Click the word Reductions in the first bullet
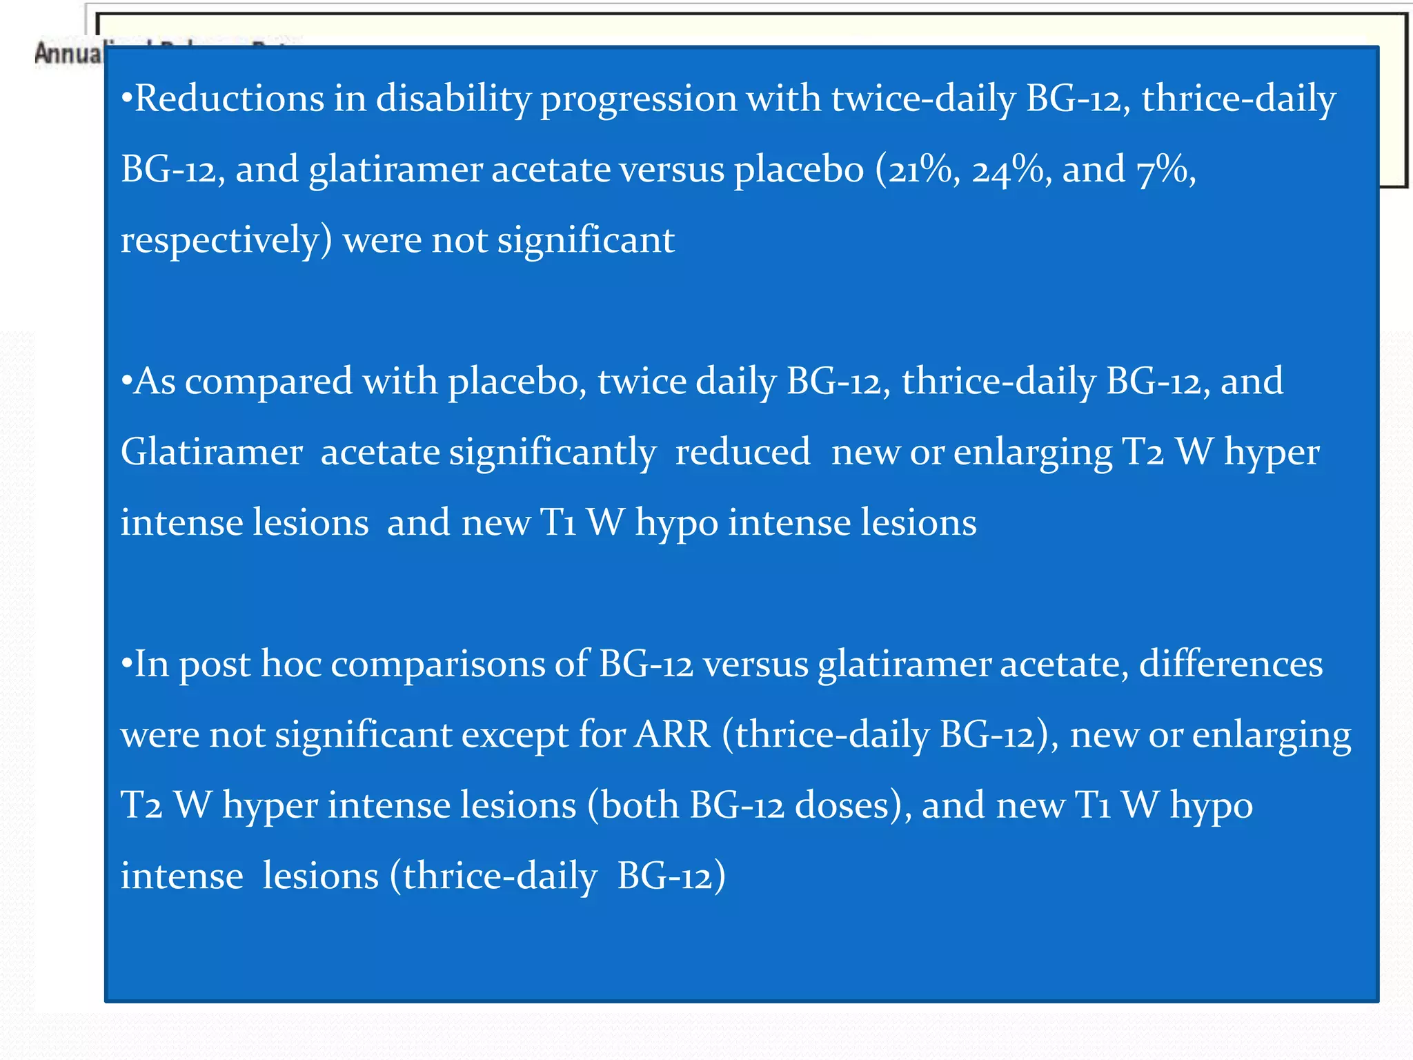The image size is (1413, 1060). (228, 98)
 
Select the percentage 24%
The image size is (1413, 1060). (1008, 169)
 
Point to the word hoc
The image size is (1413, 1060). (290, 664)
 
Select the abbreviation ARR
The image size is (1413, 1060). (672, 734)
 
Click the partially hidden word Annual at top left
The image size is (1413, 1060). (68, 53)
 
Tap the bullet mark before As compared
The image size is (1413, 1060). (126, 382)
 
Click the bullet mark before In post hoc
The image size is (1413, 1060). (126, 665)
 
